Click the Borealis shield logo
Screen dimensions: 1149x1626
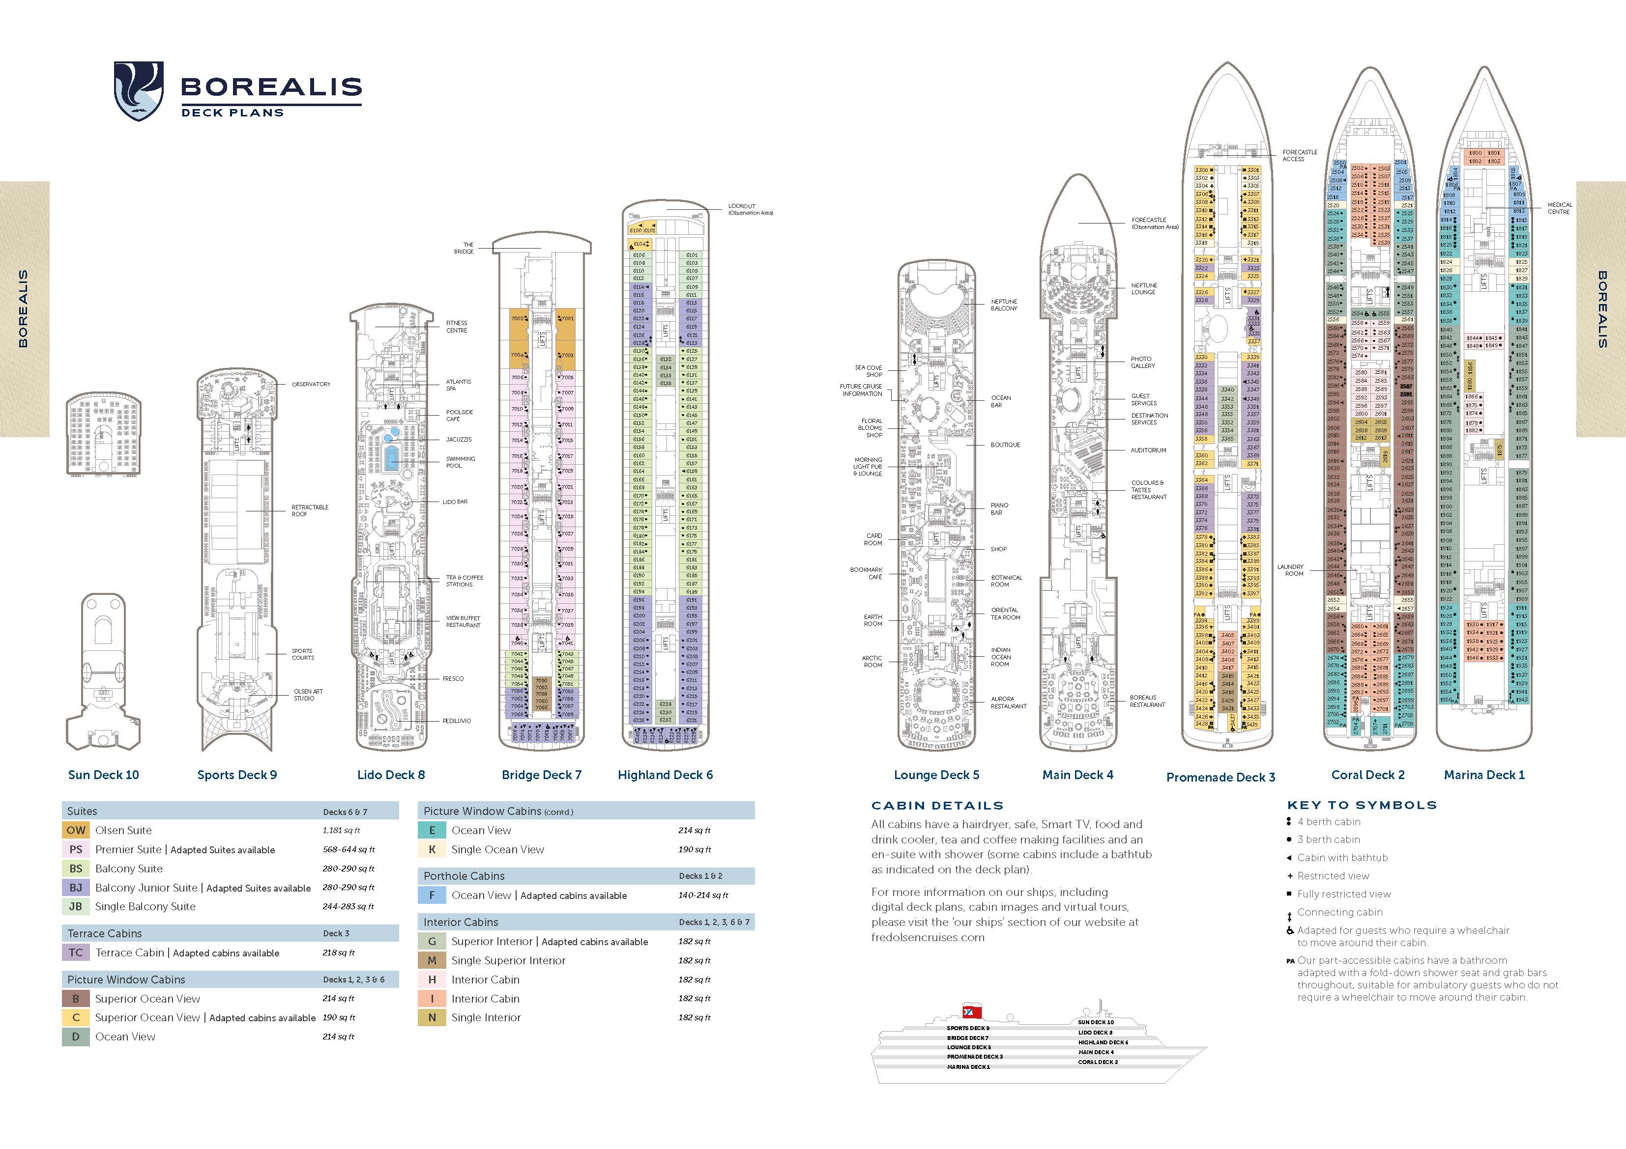pos(139,90)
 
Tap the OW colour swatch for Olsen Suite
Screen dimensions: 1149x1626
pos(76,830)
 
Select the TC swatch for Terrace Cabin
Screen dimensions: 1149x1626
pos(76,952)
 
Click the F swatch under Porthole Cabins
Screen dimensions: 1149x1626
pos(432,895)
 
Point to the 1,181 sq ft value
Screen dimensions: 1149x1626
pos(341,830)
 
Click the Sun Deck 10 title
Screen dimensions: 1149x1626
pos(103,775)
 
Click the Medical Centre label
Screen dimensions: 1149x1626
pos(1560,208)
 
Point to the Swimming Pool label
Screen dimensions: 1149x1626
pos(460,462)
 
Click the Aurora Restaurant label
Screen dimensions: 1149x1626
pos(1009,702)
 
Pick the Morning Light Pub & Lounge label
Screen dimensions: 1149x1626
pos(868,467)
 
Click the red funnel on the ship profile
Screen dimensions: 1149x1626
pos(972,1011)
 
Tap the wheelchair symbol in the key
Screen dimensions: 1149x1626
pos(1290,930)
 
